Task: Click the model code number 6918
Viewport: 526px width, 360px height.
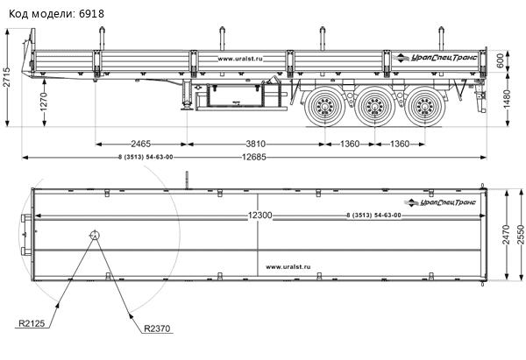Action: point(91,14)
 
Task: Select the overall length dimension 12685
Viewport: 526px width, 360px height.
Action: point(254,157)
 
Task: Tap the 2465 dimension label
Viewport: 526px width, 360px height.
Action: point(140,144)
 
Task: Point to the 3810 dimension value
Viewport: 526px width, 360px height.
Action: point(256,144)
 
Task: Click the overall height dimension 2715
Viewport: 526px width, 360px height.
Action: point(7,77)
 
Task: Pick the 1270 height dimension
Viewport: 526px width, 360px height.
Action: point(44,102)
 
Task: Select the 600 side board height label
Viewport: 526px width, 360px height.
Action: point(501,60)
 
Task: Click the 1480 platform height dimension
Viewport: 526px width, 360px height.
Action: point(506,99)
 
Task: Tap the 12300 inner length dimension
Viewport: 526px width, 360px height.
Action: point(260,215)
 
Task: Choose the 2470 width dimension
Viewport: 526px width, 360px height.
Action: point(506,235)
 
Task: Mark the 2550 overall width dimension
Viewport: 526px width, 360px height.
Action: point(520,235)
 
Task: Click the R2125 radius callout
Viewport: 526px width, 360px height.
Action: point(32,323)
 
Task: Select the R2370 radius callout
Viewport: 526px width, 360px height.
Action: point(157,328)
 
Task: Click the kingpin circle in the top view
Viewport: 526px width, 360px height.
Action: point(95,236)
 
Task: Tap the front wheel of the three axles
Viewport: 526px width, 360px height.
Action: point(324,106)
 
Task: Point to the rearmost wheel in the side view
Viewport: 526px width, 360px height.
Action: point(425,106)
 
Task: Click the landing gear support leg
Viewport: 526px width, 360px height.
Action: point(187,95)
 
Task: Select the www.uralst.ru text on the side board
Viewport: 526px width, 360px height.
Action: point(240,59)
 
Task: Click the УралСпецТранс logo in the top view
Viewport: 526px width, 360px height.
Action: point(440,202)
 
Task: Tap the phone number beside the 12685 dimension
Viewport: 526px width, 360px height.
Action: point(146,157)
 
